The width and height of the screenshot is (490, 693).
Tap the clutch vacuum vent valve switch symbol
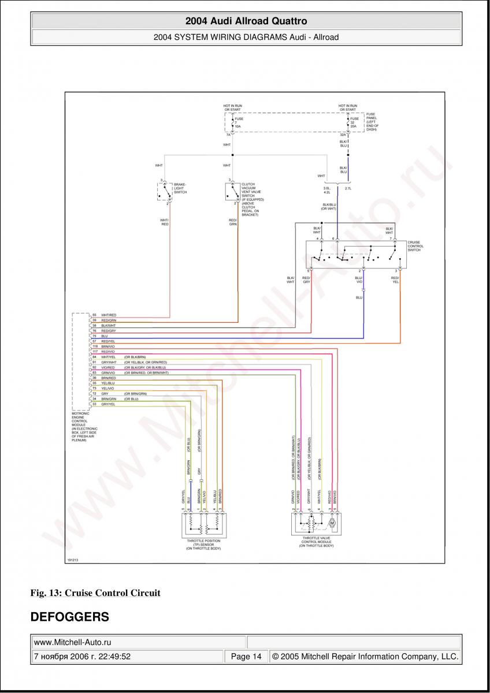click(x=233, y=191)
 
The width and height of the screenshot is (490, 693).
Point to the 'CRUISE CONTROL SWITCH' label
click(x=415, y=246)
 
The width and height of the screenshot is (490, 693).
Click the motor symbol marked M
click(x=332, y=523)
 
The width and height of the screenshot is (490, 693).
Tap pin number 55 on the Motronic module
click(x=94, y=315)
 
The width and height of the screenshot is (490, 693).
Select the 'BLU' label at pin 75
click(x=105, y=336)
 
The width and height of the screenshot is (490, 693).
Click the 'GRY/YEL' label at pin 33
click(x=109, y=404)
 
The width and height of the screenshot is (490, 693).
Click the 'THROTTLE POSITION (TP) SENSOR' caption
click(x=203, y=544)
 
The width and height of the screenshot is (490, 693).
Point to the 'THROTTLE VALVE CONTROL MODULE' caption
click(x=316, y=542)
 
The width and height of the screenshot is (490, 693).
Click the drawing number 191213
click(x=72, y=560)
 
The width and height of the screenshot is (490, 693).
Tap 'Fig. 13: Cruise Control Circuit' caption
click(x=95, y=593)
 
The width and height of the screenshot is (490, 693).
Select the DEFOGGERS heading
click(x=69, y=617)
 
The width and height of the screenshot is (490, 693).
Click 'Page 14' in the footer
click(x=246, y=656)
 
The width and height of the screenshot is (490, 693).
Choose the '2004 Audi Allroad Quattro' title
click(x=246, y=21)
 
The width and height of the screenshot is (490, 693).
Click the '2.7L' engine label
click(x=348, y=188)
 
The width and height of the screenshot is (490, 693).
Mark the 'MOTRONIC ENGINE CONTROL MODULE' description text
click(x=84, y=427)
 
